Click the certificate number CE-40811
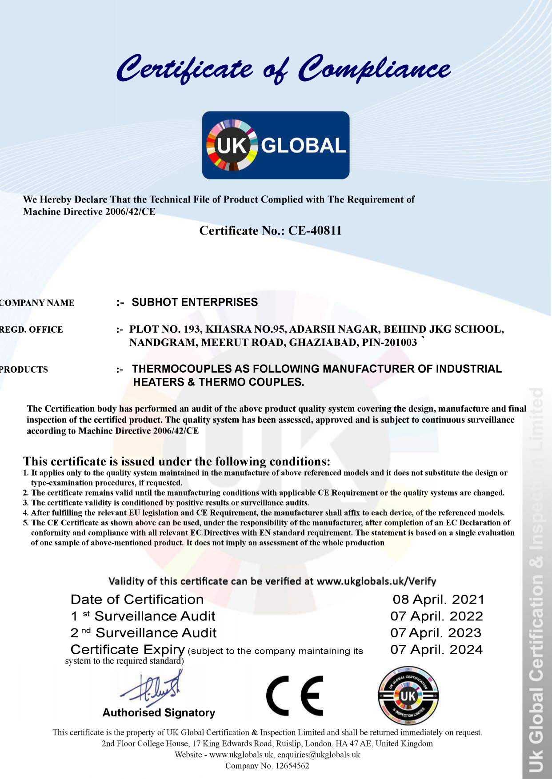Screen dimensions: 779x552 (x=315, y=231)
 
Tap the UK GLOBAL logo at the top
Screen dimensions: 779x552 (x=276, y=145)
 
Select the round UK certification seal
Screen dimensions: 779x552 (x=408, y=696)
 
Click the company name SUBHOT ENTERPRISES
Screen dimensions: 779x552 (x=195, y=302)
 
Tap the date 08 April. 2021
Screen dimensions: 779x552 (x=438, y=600)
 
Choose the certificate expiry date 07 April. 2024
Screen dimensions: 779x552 (x=436, y=650)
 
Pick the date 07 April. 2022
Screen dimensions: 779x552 (x=436, y=616)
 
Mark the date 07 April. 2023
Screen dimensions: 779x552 (x=436, y=633)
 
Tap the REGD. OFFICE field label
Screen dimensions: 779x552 (x=31, y=330)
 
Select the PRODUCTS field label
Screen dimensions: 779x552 (x=24, y=370)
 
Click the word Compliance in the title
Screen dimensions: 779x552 (x=373, y=70)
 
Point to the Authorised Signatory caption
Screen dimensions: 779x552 (x=159, y=713)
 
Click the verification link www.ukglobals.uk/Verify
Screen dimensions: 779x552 (x=376, y=581)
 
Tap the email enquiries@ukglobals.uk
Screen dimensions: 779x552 (x=318, y=755)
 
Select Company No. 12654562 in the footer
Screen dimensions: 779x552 (x=267, y=766)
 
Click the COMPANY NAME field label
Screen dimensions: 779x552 (x=37, y=303)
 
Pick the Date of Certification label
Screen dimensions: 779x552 (x=137, y=600)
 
